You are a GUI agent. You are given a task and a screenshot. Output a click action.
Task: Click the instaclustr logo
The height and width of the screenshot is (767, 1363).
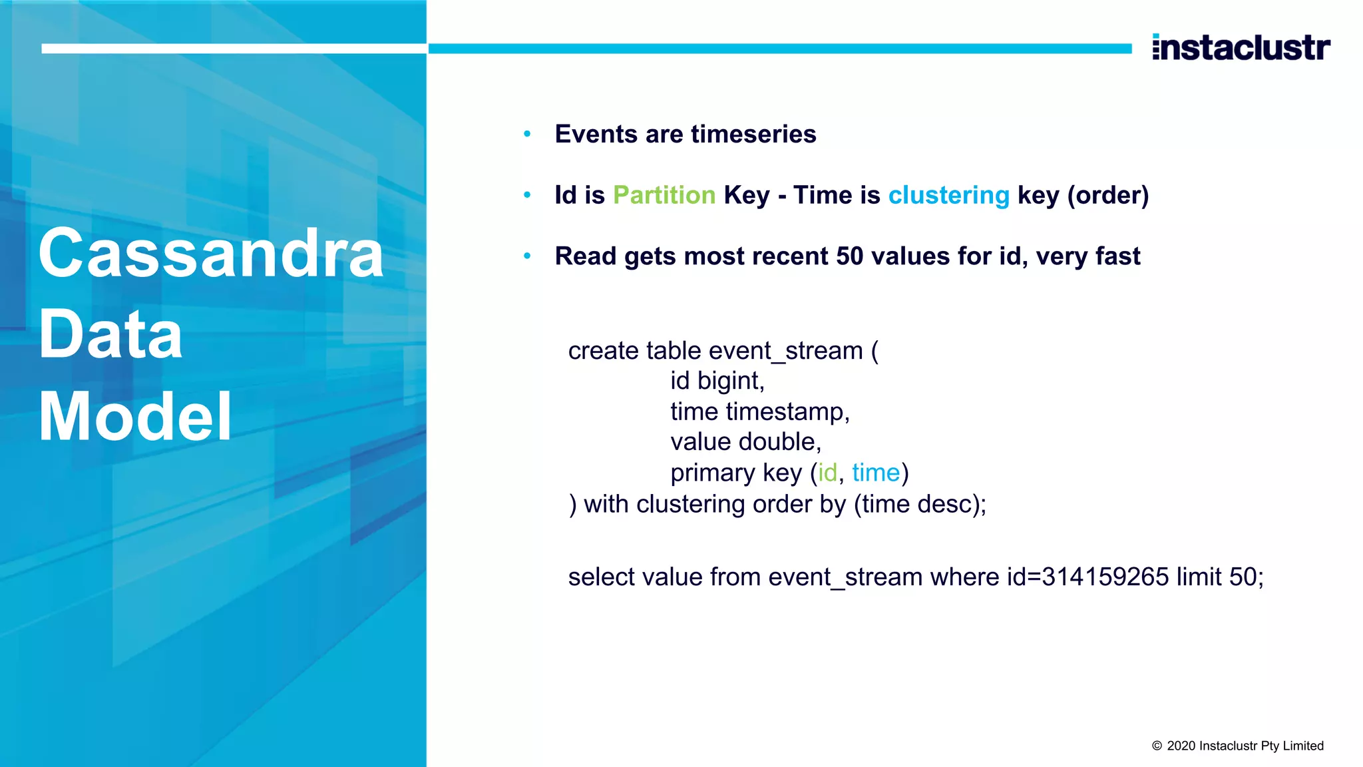(x=1241, y=48)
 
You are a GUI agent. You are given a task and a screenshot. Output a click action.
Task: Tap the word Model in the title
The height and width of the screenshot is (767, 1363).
(x=135, y=417)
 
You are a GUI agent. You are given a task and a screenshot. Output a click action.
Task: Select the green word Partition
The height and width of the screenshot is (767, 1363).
(x=664, y=195)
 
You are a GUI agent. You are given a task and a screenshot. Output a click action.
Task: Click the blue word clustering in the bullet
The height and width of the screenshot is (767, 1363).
(x=948, y=195)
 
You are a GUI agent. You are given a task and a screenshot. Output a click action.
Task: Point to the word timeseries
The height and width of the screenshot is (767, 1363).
(x=753, y=134)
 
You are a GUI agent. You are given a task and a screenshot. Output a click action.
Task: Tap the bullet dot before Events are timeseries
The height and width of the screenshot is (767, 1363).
(x=527, y=134)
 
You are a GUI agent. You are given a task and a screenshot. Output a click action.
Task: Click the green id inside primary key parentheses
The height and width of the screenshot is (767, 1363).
(x=827, y=473)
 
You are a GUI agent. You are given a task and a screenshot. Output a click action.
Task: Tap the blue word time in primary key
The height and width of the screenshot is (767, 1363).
(x=875, y=473)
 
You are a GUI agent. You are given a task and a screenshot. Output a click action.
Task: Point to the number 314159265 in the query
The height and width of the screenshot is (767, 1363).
(x=1105, y=577)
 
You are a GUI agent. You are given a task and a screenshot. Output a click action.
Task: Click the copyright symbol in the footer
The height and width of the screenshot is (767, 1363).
(x=1157, y=746)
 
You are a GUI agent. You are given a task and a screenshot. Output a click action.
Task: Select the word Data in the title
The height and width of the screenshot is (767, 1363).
(x=110, y=335)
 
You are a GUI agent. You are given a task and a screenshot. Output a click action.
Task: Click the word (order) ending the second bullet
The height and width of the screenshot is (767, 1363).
(x=1108, y=195)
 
